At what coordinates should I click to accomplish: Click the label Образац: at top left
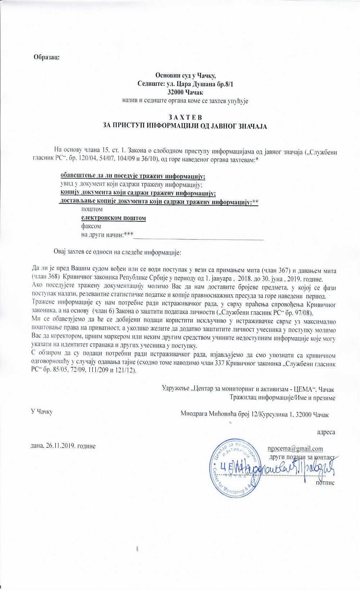46,57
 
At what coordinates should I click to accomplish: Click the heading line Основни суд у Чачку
185,75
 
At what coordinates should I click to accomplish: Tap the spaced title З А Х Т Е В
185,117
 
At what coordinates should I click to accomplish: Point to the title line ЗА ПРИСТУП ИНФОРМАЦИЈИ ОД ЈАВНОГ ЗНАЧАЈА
185,126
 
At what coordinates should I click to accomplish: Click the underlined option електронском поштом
113,218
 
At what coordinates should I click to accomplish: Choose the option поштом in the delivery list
92,209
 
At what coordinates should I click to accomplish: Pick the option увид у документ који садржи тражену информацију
131,185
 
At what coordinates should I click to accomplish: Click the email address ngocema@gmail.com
295,448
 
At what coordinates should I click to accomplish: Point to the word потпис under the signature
325,482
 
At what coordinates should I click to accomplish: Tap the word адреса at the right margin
326,432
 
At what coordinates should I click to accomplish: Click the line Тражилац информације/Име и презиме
283,398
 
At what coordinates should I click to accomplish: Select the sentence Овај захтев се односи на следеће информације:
117,252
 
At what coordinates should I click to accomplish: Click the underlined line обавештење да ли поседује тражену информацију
133,176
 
